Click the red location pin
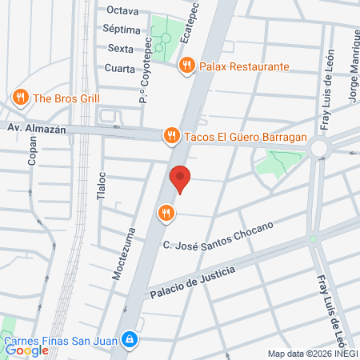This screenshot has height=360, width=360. [x=181, y=178]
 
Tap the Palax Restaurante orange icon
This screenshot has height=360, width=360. [x=186, y=66]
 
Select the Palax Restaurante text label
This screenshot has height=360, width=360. [x=244, y=66]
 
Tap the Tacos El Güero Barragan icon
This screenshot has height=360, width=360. [x=170, y=137]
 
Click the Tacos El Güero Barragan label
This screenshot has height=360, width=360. [x=246, y=137]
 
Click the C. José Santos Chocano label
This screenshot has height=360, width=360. [x=218, y=236]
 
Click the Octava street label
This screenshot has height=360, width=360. [x=122, y=11]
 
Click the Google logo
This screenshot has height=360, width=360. [x=27, y=350]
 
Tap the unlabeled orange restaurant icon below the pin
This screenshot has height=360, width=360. [x=166, y=212]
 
